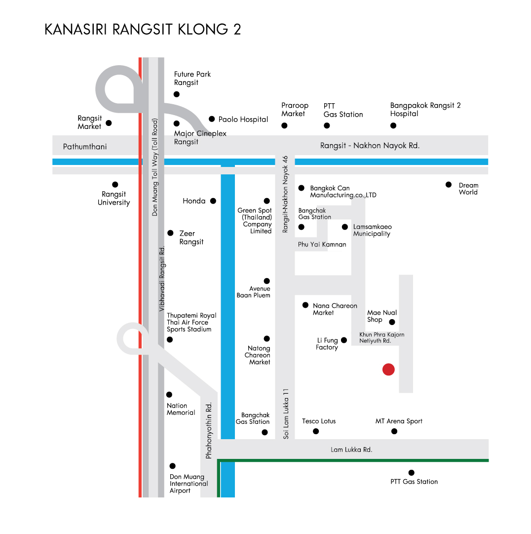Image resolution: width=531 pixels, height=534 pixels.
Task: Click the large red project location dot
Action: pos(388,369)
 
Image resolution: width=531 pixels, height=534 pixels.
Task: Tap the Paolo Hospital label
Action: pos(243,119)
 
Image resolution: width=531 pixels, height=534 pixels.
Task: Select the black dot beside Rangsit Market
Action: pos(109,123)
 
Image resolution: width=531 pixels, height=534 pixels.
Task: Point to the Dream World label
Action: pos(468,189)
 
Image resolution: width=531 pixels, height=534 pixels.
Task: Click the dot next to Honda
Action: pos(213,201)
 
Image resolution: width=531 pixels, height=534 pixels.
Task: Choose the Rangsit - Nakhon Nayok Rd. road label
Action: pos(370,145)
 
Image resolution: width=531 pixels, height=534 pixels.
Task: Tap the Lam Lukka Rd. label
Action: pos(351,450)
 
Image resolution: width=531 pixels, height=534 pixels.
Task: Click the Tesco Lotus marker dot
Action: pos(316,431)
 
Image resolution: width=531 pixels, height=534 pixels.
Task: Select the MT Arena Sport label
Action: pos(399,421)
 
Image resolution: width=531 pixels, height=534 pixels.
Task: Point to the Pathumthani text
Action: pos(85,147)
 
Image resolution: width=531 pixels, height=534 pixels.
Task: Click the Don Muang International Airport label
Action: pos(189,484)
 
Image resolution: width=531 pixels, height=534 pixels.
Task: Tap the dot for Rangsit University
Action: pos(115,185)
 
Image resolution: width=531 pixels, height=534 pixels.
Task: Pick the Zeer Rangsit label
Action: pos(191,238)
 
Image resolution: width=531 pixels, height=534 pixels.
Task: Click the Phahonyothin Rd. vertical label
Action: pos(209,430)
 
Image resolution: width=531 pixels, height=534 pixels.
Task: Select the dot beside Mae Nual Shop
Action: pos(392,322)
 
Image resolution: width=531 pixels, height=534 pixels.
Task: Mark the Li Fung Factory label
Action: pos(327,344)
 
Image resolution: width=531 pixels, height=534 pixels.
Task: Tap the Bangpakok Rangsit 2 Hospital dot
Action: pos(393,125)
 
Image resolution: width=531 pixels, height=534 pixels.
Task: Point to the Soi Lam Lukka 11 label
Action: pos(286,413)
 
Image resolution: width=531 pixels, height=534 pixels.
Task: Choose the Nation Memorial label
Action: pos(181,409)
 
